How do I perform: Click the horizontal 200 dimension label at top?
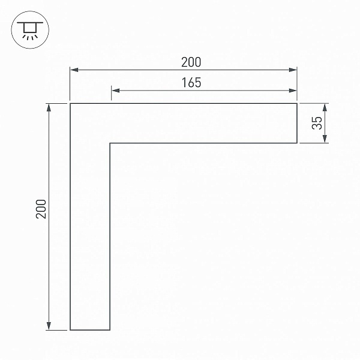(x=191, y=62)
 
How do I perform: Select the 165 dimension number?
(x=191, y=83)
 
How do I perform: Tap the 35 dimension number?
(x=317, y=123)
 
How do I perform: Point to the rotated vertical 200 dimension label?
(x=41, y=209)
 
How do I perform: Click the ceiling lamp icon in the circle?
(x=30, y=31)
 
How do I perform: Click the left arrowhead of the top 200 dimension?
(x=74, y=70)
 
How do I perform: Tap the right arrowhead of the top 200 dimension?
(x=293, y=70)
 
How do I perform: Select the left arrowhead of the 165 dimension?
(x=115, y=91)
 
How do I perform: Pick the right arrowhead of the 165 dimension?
(x=293, y=91)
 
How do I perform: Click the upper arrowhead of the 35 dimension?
(x=325, y=107)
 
